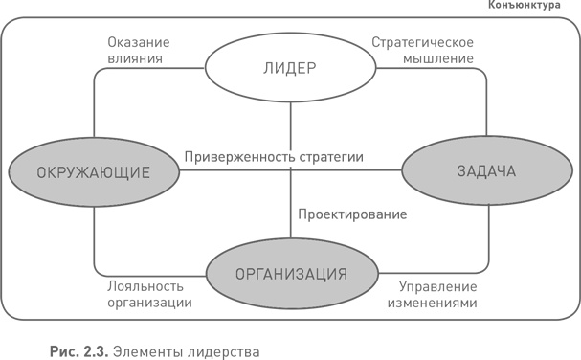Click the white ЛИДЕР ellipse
[x=289, y=68]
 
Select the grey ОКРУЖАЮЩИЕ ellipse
[x=94, y=172]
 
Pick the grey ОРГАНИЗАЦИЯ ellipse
[x=290, y=273]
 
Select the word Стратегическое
[x=422, y=41]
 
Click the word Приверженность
[x=240, y=155]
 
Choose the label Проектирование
[x=352, y=213]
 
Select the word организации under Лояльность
[x=144, y=302]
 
